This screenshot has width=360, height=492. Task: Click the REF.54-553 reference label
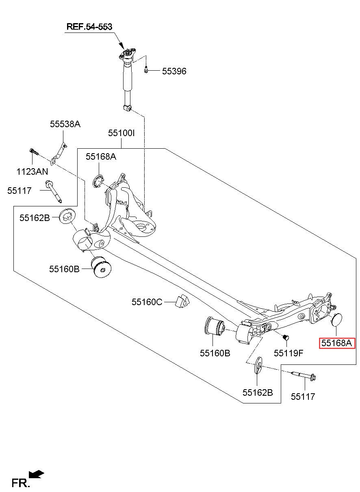pyautogui.click(x=89, y=26)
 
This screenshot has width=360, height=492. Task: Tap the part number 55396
pyautogui.click(x=174, y=71)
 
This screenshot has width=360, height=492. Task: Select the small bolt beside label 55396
pyautogui.click(x=146, y=70)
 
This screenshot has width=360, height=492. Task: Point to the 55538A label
pyautogui.click(x=65, y=124)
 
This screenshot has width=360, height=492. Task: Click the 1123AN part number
pyautogui.click(x=32, y=171)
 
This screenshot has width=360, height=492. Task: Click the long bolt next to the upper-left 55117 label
pyautogui.click(x=54, y=191)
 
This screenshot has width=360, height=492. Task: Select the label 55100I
pyautogui.click(x=121, y=133)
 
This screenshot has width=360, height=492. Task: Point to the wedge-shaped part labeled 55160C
pyautogui.click(x=182, y=301)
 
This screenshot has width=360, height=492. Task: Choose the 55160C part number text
pyautogui.click(x=147, y=302)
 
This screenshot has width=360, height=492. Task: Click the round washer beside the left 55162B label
pyautogui.click(x=67, y=217)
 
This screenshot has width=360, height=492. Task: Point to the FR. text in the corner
pyautogui.click(x=20, y=483)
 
